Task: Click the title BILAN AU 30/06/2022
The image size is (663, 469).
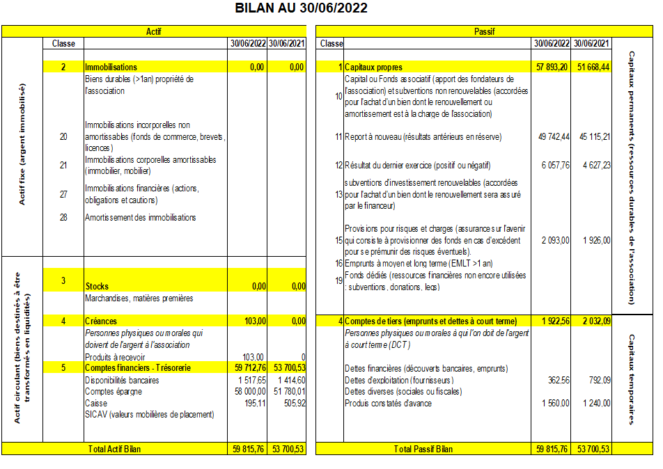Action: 302,8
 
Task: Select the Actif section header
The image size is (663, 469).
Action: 154,32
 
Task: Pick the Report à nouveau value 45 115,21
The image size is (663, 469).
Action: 593,137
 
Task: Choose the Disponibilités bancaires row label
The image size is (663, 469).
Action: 122,381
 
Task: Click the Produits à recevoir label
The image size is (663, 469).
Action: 114,357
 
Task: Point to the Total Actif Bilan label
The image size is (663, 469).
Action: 115,449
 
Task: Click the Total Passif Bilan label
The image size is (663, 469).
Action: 423,449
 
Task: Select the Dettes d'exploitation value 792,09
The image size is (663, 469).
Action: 598,381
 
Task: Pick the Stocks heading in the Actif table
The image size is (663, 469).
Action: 97,286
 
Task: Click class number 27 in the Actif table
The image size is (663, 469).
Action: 63,194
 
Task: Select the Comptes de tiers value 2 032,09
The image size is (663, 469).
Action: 594,321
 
